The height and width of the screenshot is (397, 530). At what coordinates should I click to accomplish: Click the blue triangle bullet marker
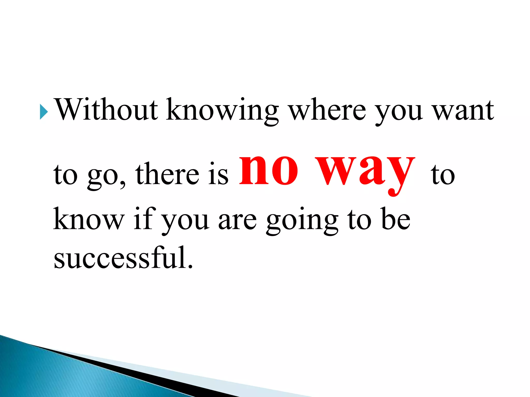point(44,112)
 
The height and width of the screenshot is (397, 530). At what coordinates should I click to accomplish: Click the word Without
point(106,110)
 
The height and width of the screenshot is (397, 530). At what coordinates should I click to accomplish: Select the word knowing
point(222,111)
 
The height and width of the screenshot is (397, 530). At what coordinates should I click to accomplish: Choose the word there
point(167,173)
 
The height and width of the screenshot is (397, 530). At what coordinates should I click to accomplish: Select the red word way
point(365,172)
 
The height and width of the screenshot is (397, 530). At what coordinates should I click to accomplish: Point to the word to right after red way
point(443,174)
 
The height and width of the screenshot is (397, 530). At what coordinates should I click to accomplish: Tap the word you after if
point(185,221)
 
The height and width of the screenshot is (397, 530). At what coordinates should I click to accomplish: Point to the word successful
point(123,257)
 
